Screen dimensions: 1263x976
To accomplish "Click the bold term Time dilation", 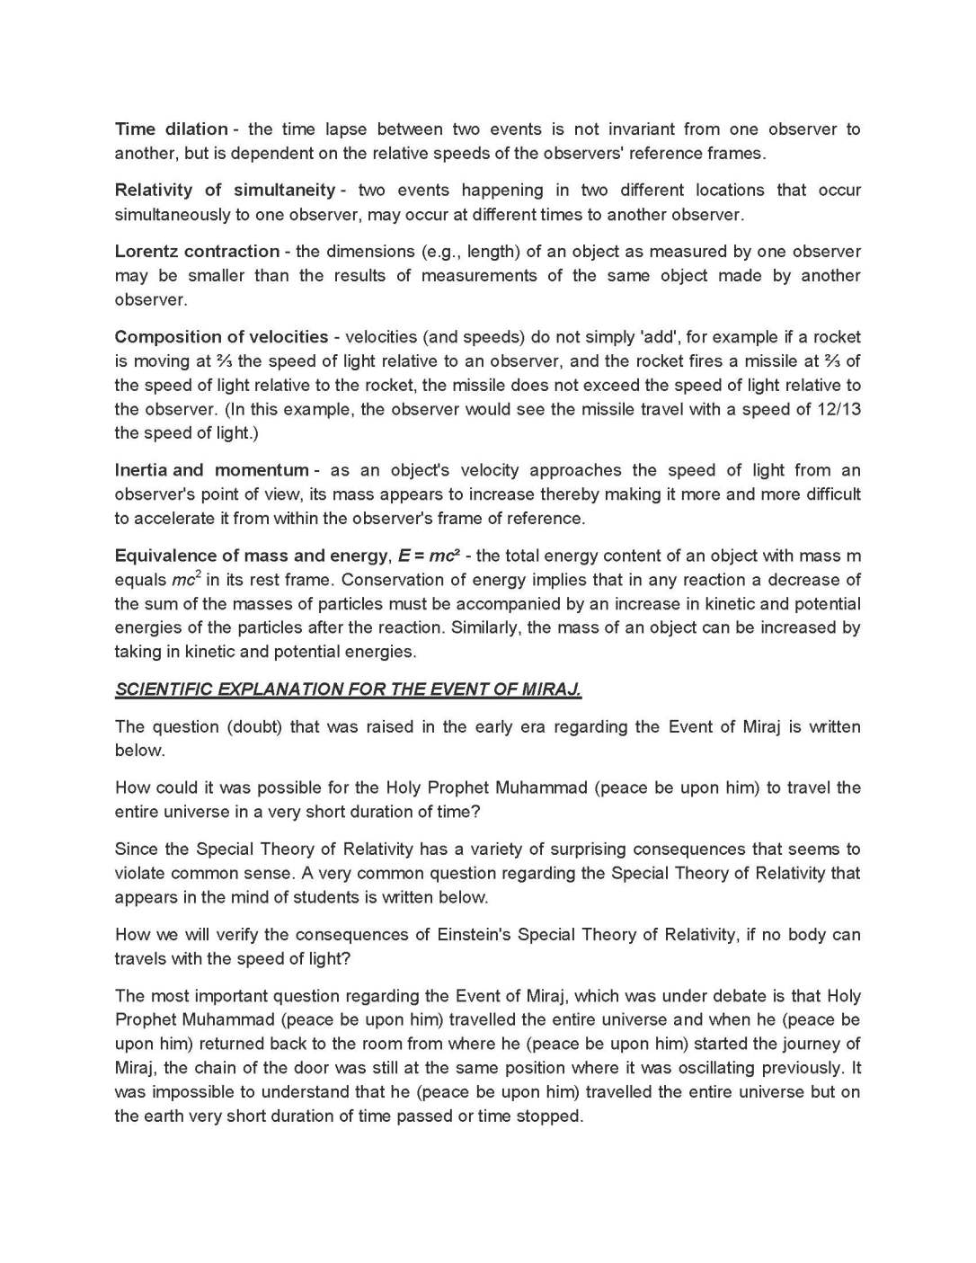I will pos(171,129).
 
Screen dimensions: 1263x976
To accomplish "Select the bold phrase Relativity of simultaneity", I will pos(225,191).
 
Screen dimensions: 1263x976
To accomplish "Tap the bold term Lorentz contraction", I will pos(197,252).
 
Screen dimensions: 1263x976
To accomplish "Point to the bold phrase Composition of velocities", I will pos(221,337).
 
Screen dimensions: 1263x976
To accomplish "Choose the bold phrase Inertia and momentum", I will pos(211,470).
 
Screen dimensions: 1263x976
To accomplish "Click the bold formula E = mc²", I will pos(429,556).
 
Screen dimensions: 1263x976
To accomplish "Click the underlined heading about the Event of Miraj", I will pos(348,689).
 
